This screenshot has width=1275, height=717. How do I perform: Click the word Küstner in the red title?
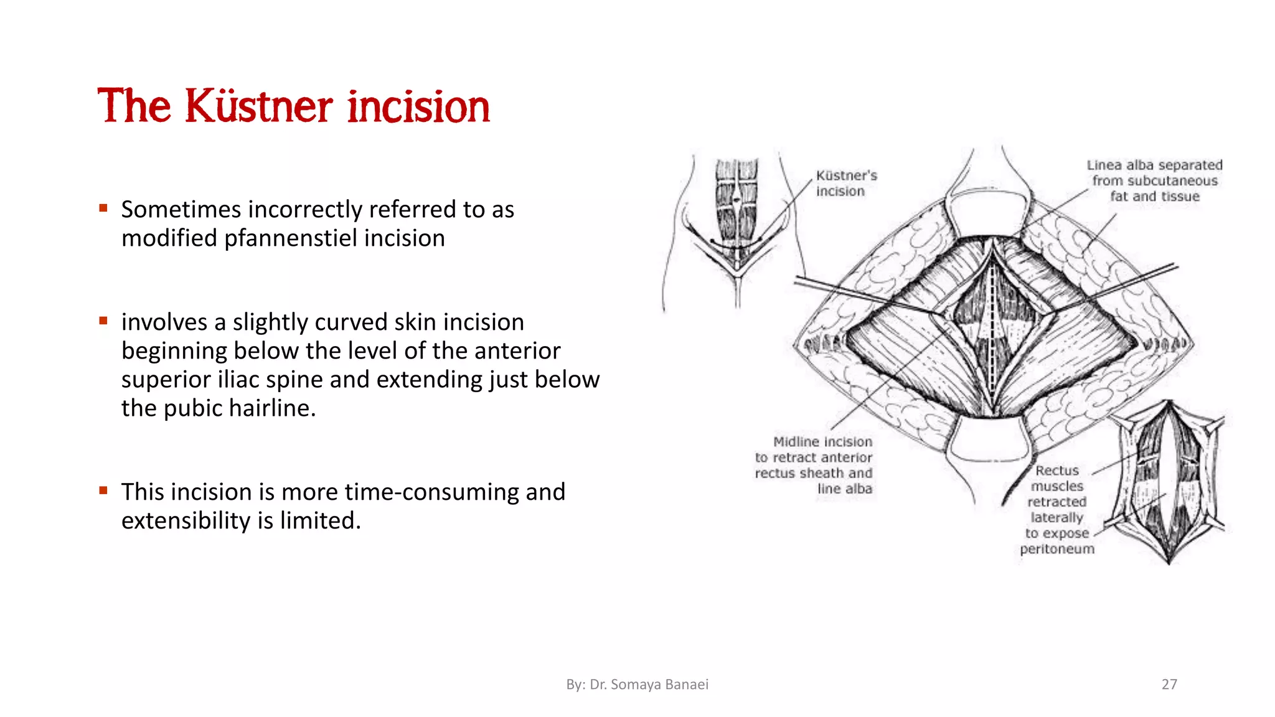258,106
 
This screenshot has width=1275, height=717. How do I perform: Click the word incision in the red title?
418,106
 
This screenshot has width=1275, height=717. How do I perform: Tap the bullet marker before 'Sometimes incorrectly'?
103,208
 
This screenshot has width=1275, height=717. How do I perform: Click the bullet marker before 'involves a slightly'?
103,321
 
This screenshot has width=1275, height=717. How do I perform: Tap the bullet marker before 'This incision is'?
103,490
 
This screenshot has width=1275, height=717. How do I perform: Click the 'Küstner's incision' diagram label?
845,183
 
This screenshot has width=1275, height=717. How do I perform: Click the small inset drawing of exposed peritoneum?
1169,482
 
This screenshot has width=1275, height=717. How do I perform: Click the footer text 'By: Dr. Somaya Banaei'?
637,684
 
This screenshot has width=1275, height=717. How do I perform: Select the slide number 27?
1169,684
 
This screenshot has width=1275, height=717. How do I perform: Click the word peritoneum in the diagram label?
1056,549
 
